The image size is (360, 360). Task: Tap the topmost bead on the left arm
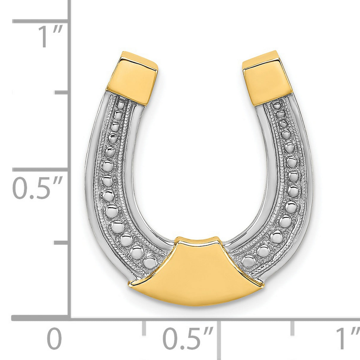121,105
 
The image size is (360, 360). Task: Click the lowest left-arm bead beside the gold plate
150,262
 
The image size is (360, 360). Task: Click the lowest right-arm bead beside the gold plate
249,262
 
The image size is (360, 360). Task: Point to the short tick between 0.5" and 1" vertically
62,93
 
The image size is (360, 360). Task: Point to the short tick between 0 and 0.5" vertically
62,243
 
